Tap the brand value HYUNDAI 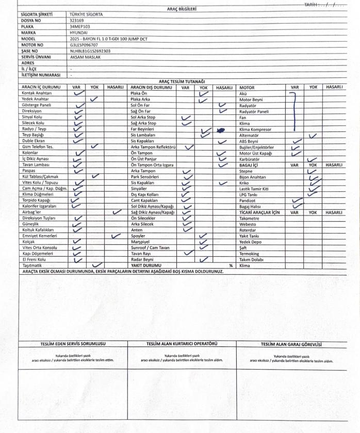(x=78, y=32)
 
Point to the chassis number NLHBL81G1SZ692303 (x=90, y=51)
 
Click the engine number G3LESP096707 (x=84, y=45)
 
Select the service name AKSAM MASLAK (x=85, y=57)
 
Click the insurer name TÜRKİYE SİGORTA (x=86, y=14)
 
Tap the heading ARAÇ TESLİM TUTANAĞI (x=182, y=81)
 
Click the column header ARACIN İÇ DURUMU (x=41, y=87)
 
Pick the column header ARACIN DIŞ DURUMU (x=151, y=87)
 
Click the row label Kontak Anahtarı (x=37, y=93)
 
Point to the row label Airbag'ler (x=31, y=212)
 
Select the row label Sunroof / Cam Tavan (x=150, y=247)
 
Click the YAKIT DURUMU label (x=145, y=265)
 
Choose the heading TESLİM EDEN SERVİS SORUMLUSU (x=73, y=344)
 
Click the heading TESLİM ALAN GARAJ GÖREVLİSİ (x=291, y=344)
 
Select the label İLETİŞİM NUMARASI (x=41, y=75)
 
